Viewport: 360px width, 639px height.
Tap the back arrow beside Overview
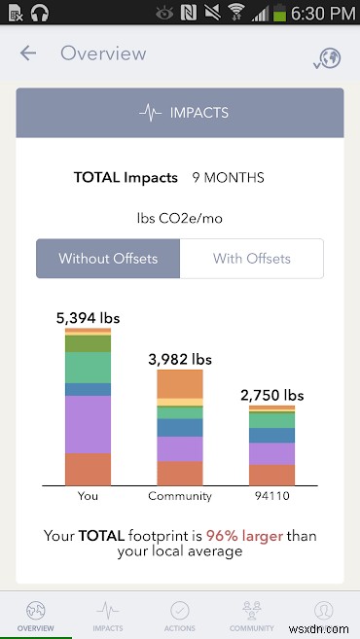coord(28,53)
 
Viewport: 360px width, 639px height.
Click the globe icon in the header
coord(328,57)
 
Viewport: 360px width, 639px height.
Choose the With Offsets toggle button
coord(252,259)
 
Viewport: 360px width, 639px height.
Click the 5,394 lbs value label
coord(87,317)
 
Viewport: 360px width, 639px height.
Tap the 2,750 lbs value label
coord(271,395)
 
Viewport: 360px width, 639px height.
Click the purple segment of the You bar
coord(88,424)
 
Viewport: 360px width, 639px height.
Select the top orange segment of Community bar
coord(180,384)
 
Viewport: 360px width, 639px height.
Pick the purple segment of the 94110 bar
coord(271,453)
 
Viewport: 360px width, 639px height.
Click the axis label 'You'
coord(88,496)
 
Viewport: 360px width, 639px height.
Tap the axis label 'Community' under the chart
coord(180,496)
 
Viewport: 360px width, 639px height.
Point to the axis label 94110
coord(271,496)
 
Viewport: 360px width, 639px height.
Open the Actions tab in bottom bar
coord(180,616)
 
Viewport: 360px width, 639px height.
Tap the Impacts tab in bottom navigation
coord(108,616)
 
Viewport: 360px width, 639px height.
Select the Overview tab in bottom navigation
coord(36,616)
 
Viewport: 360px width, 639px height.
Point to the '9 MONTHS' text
coord(228,178)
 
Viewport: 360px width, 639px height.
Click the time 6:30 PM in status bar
coord(325,14)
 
